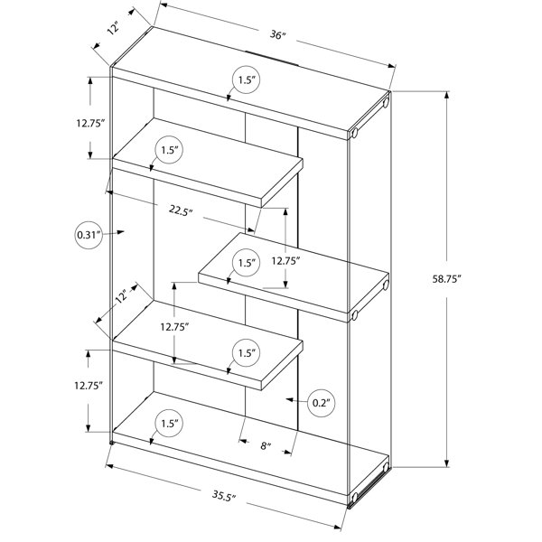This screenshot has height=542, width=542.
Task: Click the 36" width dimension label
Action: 278,35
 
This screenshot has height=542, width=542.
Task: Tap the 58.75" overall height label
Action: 447,279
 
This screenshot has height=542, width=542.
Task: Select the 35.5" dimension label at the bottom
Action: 224,495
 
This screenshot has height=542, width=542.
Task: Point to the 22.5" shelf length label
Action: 181,210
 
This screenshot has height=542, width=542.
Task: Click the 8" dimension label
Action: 265,446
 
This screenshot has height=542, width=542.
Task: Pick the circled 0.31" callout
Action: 89,236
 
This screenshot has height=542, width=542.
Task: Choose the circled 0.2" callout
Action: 322,403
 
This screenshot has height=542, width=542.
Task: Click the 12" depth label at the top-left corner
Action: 113,28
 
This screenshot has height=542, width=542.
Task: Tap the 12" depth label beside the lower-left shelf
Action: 122,296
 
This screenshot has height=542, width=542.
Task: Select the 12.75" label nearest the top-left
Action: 90,123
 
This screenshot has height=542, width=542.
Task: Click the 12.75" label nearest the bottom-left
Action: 89,386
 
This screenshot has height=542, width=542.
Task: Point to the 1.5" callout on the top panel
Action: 246,80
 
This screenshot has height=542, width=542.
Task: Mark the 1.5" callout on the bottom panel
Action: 170,424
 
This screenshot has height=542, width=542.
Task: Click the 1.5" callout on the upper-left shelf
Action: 170,150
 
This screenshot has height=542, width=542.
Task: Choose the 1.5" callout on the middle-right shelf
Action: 246,263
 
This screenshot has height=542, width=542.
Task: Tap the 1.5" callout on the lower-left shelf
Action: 246,353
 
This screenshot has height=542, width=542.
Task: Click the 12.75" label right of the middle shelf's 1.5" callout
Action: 285,261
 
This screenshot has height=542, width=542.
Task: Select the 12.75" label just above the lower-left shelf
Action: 174,327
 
